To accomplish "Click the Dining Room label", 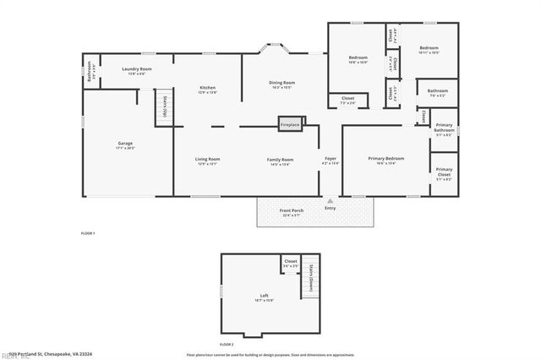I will click(x=281, y=83).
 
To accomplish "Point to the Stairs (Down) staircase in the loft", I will click(x=310, y=274).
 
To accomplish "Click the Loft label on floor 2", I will click(x=264, y=296).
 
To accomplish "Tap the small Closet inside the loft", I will click(x=290, y=264).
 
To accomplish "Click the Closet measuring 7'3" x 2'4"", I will click(x=347, y=100).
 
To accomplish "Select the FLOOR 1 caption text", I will click(x=88, y=232).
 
